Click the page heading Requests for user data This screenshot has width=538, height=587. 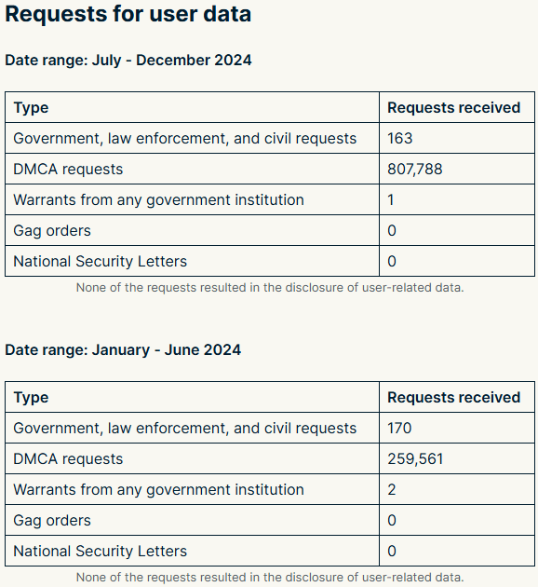pyautogui.click(x=128, y=14)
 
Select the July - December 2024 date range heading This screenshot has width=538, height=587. pyautogui.click(x=128, y=61)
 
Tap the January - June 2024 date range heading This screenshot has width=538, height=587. pyautogui.click(x=123, y=350)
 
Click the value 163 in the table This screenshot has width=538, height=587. pyautogui.click(x=400, y=138)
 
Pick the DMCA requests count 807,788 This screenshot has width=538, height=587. pyautogui.click(x=415, y=170)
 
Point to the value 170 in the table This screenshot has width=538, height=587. pyautogui.click(x=399, y=428)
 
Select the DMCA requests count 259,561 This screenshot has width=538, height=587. pyautogui.click(x=415, y=459)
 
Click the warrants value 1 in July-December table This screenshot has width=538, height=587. pyautogui.click(x=391, y=200)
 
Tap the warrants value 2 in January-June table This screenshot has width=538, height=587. pyautogui.click(x=392, y=490)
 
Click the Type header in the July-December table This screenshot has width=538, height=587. pyautogui.click(x=31, y=108)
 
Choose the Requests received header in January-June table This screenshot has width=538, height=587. pyautogui.click(x=454, y=397)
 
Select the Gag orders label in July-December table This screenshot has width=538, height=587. pyautogui.click(x=52, y=231)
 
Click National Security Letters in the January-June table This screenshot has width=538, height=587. pyautogui.click(x=101, y=551)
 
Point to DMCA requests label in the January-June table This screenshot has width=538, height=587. pyautogui.click(x=68, y=459)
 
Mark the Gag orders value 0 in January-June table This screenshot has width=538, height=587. pyautogui.click(x=392, y=520)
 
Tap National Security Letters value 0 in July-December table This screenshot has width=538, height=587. pyautogui.click(x=392, y=261)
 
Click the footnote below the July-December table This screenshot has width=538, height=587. pyautogui.click(x=270, y=288)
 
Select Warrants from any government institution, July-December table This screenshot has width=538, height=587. pyautogui.click(x=158, y=200)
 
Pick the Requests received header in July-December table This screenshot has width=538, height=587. pyautogui.click(x=454, y=107)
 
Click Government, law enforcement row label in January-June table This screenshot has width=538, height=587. pyautogui.click(x=184, y=429)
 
